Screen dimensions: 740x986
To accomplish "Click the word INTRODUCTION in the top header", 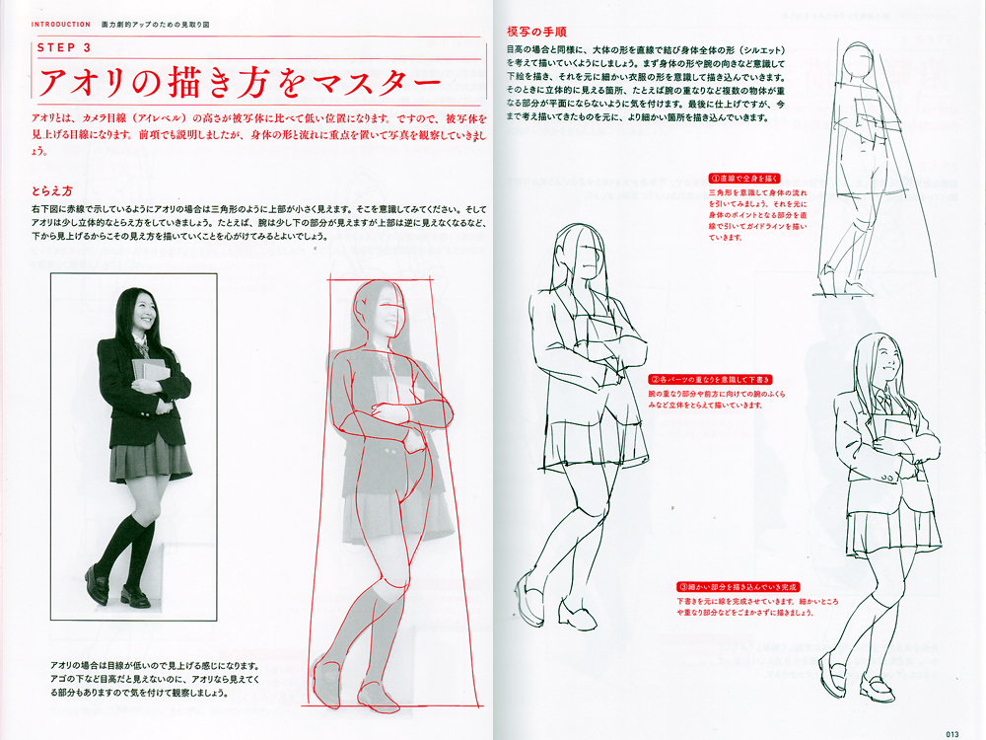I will pyautogui.click(x=60, y=21).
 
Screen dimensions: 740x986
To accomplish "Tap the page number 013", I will pyautogui.click(x=951, y=732).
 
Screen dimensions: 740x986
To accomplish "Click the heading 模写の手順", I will pyautogui.click(x=535, y=33).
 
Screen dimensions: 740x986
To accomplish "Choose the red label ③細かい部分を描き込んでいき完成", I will pyautogui.click(x=737, y=586).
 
